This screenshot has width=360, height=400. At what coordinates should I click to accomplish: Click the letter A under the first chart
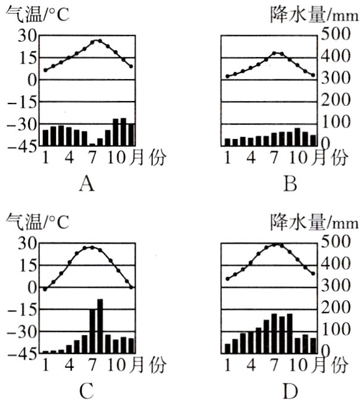coord(87,185)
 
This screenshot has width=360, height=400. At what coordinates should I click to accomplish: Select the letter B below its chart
coord(290,185)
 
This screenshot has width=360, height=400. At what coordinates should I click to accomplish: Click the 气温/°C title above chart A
coord(36,13)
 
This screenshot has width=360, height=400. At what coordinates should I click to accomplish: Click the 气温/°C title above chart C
coord(36,221)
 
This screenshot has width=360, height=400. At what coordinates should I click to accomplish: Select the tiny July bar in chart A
coord(92,144)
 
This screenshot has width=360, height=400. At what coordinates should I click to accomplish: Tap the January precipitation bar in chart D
coord(227,348)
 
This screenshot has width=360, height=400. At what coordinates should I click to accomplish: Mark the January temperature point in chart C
coord(45,289)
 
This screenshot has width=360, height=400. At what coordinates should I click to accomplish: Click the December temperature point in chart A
coord(131,66)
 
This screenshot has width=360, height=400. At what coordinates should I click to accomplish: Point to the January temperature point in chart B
coord(227,76)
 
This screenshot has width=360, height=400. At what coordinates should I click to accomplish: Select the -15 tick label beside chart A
coord(24,101)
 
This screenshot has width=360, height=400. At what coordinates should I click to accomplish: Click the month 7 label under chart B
coord(274,158)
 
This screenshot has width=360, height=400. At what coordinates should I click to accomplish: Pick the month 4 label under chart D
coord(251,364)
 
